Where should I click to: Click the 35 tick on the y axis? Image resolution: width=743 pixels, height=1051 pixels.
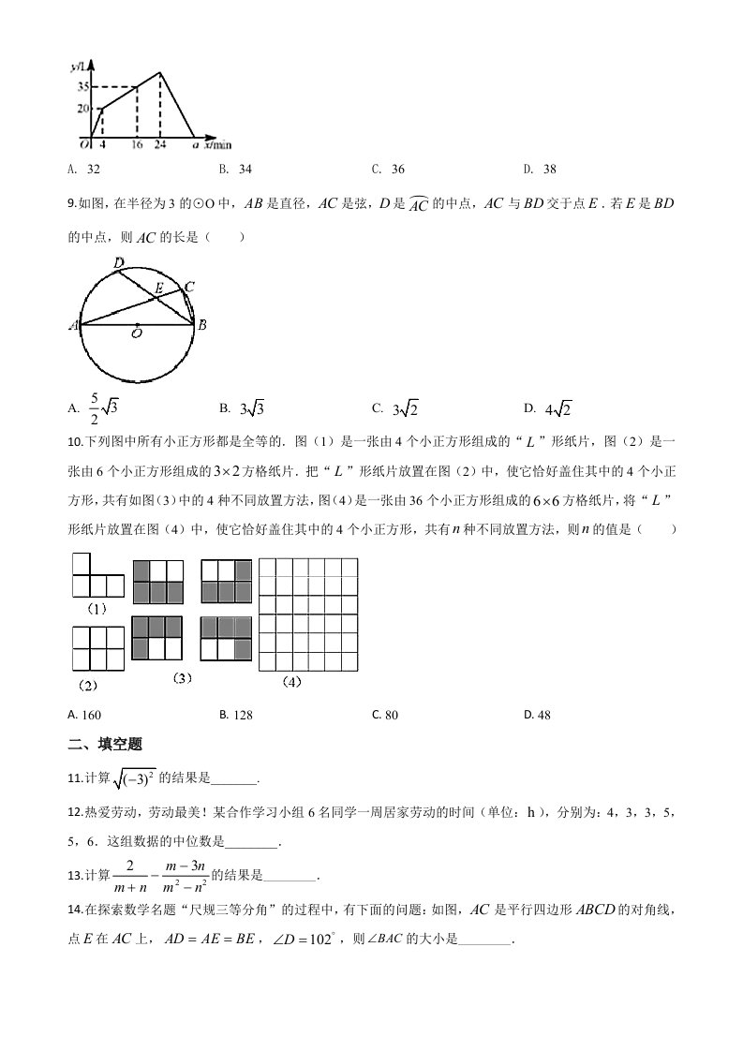tap(83, 87)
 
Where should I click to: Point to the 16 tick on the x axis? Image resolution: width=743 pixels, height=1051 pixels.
tap(137, 145)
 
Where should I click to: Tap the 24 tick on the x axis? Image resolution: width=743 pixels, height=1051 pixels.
tap(161, 145)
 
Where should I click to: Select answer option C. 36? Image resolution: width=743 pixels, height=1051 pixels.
tap(388, 170)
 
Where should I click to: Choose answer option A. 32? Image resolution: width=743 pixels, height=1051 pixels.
tap(84, 170)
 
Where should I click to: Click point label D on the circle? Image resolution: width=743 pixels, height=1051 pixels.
tap(117, 263)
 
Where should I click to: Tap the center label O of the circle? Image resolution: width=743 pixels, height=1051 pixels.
tap(137, 333)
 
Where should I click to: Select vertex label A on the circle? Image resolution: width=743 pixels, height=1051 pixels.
tap(73, 326)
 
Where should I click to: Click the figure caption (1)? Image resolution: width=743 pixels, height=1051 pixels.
tap(97, 609)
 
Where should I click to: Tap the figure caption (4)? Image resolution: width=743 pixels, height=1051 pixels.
tap(291, 682)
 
